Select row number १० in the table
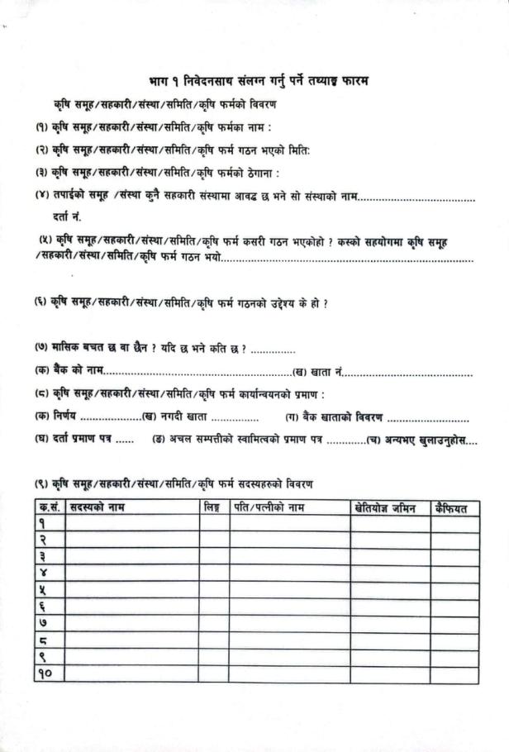(47, 674)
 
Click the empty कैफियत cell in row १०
(454, 674)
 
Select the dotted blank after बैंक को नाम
(198, 374)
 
